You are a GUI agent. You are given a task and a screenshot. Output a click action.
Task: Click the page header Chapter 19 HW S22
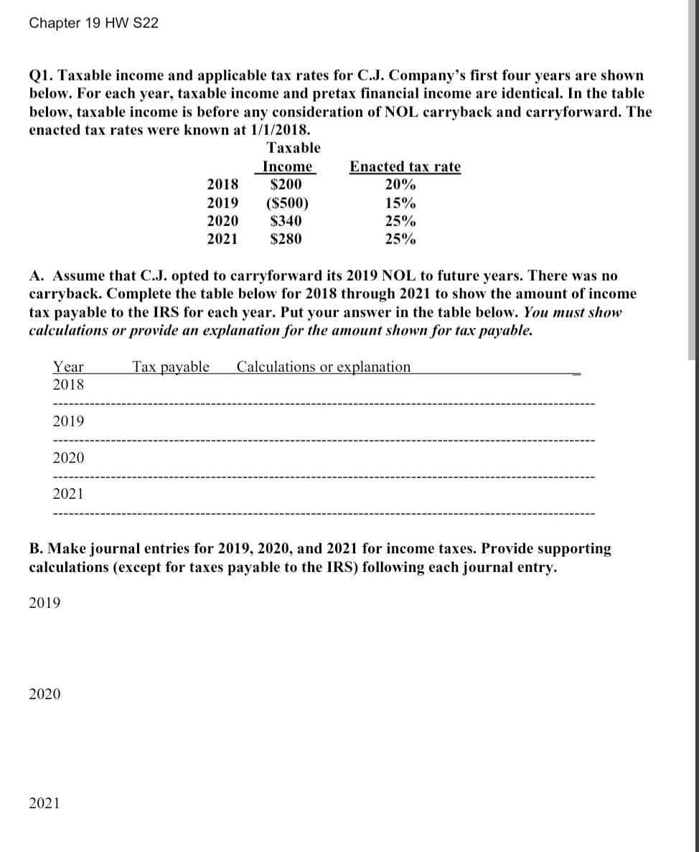(x=94, y=23)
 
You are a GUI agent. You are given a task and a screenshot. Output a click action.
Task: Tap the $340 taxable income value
(x=286, y=221)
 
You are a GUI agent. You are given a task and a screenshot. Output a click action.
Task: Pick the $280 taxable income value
(x=286, y=239)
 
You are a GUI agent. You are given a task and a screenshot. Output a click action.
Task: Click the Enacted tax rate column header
(x=405, y=167)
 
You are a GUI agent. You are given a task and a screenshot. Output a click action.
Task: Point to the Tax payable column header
(x=171, y=367)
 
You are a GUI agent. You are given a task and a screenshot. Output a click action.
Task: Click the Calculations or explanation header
(x=324, y=367)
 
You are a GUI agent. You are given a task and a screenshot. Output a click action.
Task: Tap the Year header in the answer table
(x=68, y=367)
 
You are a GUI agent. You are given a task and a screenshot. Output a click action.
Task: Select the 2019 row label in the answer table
(x=68, y=421)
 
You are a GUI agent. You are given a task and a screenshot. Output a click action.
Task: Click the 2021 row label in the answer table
(x=68, y=493)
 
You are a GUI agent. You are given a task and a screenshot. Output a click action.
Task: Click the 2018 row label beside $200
(x=222, y=184)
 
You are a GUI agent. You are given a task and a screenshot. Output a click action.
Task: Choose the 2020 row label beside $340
(x=222, y=221)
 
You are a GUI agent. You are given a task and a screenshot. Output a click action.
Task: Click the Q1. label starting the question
(x=42, y=75)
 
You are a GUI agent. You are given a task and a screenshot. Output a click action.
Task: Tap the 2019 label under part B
(x=44, y=603)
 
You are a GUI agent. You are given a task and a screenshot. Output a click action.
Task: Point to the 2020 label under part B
(x=44, y=694)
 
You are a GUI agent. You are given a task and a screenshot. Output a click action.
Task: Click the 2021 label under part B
(x=44, y=803)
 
